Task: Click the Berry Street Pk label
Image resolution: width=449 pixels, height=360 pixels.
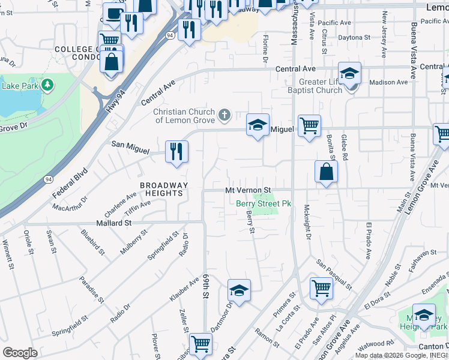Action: click(x=263, y=204)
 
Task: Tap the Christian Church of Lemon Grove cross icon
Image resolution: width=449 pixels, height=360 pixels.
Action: click(x=224, y=115)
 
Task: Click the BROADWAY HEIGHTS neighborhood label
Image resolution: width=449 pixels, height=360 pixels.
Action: click(x=164, y=190)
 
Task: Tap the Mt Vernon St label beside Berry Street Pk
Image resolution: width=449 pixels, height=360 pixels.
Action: click(x=249, y=190)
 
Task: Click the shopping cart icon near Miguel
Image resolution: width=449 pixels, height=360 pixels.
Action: click(x=309, y=126)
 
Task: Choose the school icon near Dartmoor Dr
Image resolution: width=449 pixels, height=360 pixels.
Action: click(x=239, y=291)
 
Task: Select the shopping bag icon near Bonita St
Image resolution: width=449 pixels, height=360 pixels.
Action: click(x=326, y=172)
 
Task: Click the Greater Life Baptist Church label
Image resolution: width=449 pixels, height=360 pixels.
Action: click(x=321, y=86)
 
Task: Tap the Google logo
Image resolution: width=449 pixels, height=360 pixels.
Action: click(x=20, y=352)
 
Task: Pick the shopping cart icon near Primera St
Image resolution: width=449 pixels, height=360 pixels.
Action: click(x=321, y=289)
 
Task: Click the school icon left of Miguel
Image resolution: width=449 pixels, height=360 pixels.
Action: click(x=258, y=125)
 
